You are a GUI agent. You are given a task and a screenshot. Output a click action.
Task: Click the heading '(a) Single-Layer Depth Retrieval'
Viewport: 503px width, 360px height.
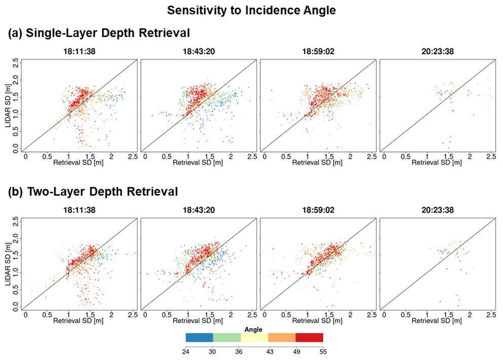pos(99,34)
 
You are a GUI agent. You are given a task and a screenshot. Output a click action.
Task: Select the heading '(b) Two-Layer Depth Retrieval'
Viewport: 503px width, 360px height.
pos(93,192)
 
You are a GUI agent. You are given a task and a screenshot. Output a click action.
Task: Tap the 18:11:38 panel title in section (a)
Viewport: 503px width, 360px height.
pos(80,51)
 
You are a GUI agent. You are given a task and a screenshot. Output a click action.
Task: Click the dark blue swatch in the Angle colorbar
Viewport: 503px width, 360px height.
pos(199,337)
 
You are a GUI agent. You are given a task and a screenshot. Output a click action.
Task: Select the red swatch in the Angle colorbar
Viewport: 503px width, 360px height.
pos(309,337)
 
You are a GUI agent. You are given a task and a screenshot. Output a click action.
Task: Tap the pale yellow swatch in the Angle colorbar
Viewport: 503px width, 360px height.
pos(254,337)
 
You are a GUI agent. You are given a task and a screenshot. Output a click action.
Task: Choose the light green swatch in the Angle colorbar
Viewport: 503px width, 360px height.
pos(227,337)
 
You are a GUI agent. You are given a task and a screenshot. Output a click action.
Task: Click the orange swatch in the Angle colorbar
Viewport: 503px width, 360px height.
pos(282,337)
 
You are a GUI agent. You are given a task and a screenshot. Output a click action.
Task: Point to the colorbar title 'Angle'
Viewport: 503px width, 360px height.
pos(254,329)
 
